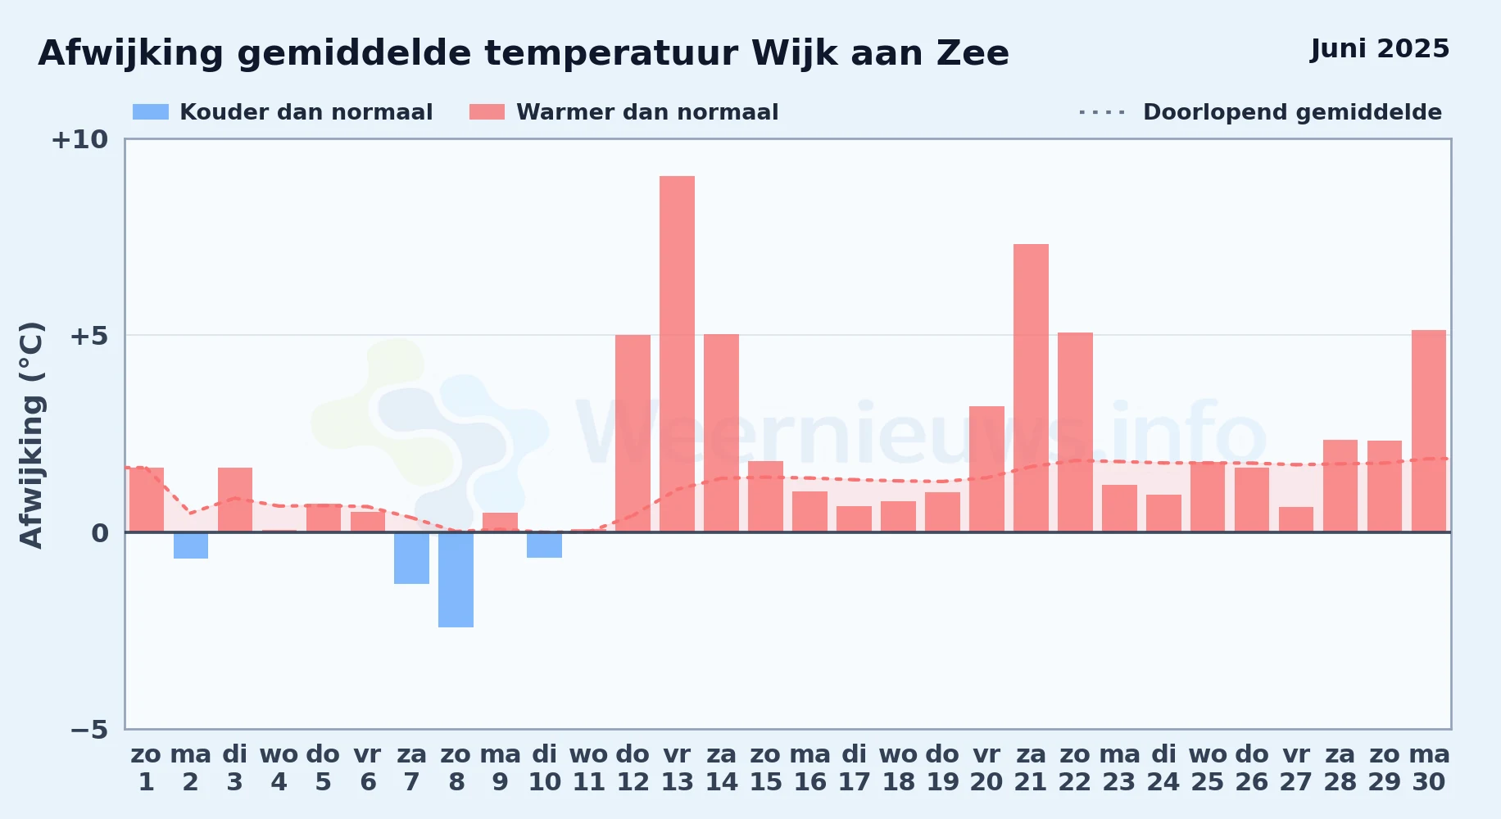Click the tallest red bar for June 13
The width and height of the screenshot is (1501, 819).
point(677,354)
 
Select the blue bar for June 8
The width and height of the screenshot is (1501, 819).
point(456,580)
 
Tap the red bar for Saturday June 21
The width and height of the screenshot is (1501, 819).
point(1031,388)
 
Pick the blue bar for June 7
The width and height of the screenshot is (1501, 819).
point(411,558)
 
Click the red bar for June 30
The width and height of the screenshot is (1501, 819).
point(1429,431)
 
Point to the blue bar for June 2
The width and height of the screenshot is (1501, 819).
point(190,545)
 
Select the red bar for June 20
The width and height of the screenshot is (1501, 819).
point(986,469)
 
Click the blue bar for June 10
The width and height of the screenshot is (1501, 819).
point(544,545)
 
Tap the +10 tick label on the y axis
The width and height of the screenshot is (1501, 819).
point(79,140)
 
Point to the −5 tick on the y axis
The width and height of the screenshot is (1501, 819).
point(89,730)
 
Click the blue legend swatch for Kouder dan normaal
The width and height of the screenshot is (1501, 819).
point(151,112)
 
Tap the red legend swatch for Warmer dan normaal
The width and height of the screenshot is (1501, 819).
point(487,112)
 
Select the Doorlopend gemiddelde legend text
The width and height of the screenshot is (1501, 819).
point(1292,112)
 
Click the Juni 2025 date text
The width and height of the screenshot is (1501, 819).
point(1380,49)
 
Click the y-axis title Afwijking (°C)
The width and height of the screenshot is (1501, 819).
point(31,435)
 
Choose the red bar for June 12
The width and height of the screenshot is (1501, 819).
point(633,433)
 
